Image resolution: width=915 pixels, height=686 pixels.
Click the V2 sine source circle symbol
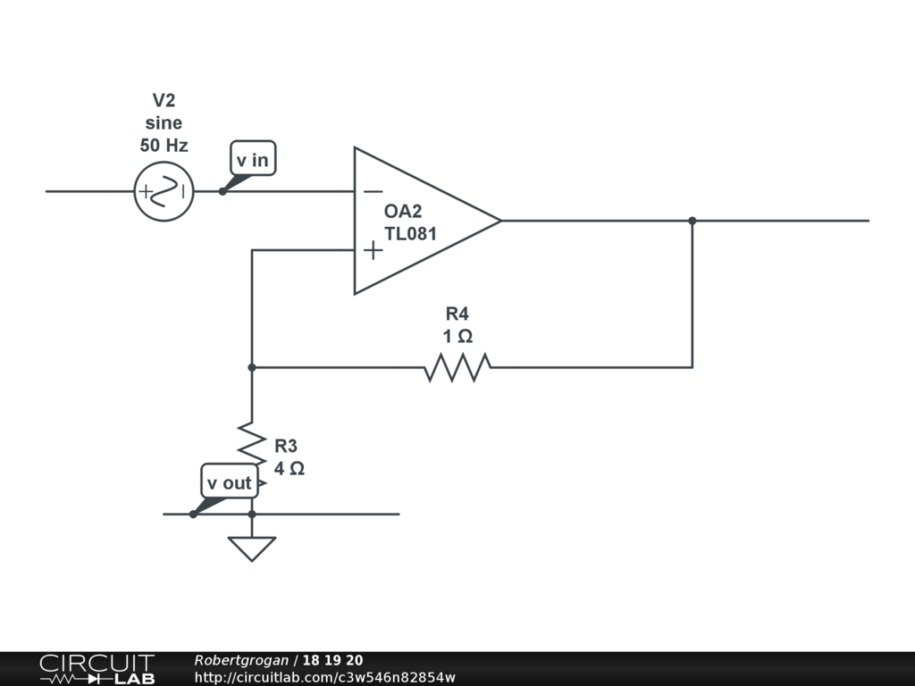[164, 191]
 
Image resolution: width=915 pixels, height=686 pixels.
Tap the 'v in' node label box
[252, 160]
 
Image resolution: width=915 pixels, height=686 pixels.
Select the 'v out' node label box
[230, 482]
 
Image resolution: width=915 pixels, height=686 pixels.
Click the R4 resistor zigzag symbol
[457, 367]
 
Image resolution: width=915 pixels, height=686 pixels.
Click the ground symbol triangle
[252, 548]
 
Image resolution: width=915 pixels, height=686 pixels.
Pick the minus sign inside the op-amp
[373, 191]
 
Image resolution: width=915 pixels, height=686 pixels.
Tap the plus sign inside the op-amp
[373, 250]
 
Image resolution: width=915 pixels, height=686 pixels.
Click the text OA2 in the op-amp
[403, 212]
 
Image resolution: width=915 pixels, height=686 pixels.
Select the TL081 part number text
[411, 234]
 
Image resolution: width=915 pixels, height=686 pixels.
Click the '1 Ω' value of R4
[457, 336]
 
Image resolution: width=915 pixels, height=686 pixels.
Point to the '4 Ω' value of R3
[290, 468]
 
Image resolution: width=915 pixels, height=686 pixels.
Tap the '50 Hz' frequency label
[164, 145]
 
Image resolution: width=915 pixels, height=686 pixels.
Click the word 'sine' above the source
[164, 122]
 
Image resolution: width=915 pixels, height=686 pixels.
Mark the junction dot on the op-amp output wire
[693, 221]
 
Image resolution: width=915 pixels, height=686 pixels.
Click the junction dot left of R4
[252, 367]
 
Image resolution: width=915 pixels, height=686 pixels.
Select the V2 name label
[164, 100]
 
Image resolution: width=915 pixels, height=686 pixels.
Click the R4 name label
[457, 314]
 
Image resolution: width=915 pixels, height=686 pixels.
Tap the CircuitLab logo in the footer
[97, 669]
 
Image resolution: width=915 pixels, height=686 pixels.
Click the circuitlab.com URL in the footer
[324, 677]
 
